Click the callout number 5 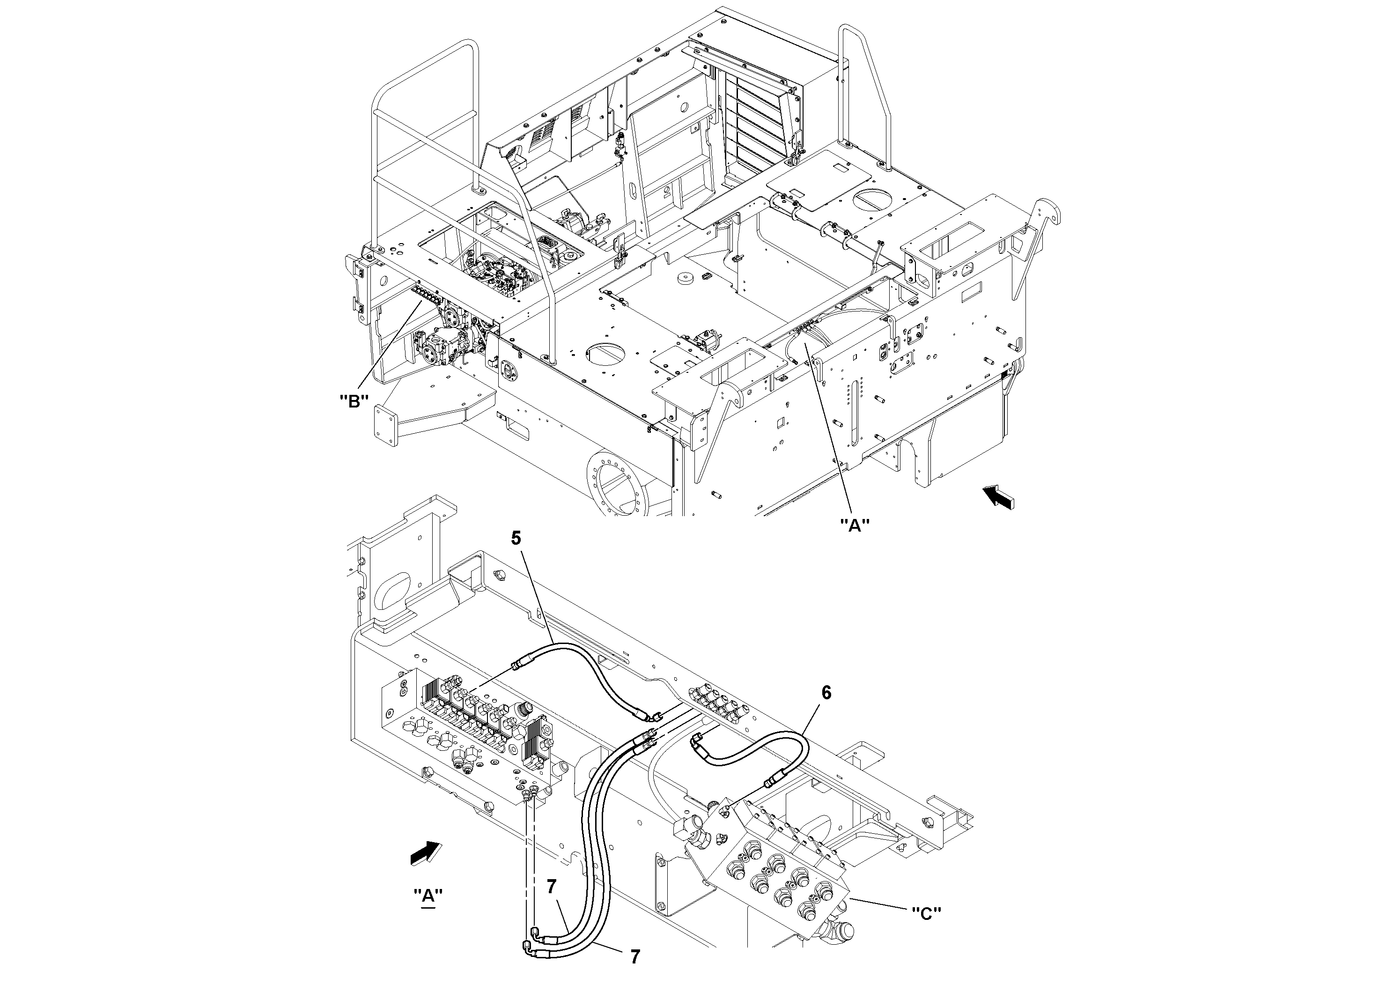pos(516,539)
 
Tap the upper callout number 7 pos(551,887)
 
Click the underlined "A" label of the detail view pos(428,896)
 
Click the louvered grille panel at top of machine pos(758,125)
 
